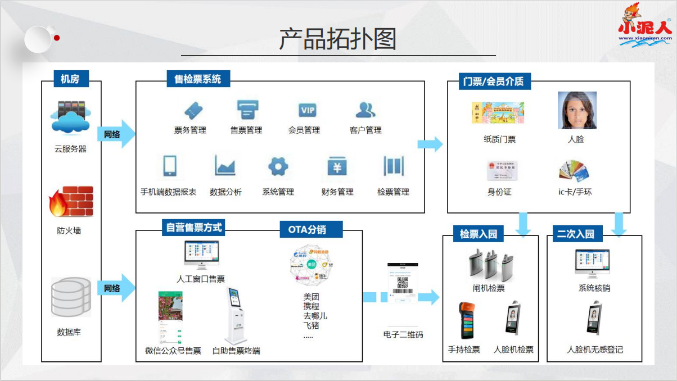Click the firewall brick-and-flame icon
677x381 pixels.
pos(71,202)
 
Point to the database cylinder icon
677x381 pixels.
pos(70,297)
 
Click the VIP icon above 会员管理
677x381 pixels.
pos(308,110)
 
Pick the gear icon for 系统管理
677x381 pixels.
pos(278,166)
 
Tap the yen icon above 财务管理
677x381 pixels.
pos(337,166)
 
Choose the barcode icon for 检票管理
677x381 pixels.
pos(393,166)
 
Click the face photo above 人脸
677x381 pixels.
pos(577,111)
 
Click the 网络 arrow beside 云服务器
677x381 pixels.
pos(116,134)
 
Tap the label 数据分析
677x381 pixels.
pos(225,192)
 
